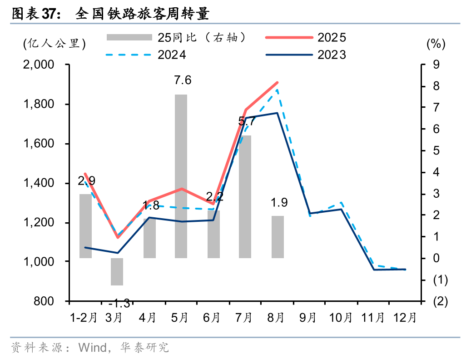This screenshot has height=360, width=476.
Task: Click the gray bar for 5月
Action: [181, 176]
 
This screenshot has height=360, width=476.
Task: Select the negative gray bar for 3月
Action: [117, 272]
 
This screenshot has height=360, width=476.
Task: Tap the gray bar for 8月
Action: [278, 237]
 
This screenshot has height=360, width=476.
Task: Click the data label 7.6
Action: [183, 80]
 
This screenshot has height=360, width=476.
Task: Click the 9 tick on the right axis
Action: [436, 65]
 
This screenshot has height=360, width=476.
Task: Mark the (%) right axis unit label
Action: [436, 44]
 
